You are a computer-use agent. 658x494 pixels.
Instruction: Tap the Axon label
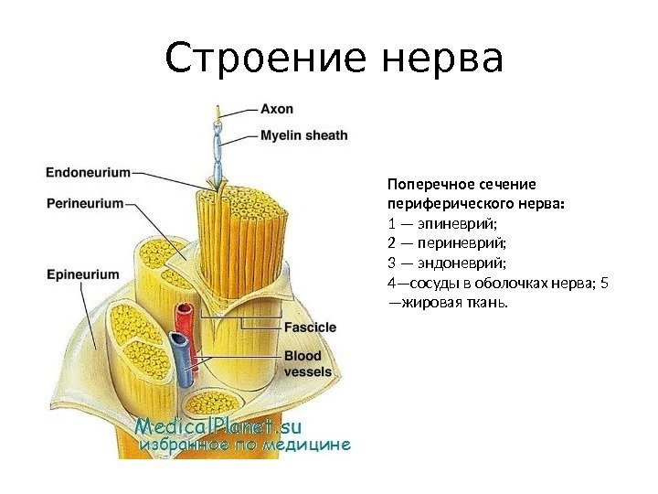point(277,109)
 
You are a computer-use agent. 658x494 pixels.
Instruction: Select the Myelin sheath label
point(303,135)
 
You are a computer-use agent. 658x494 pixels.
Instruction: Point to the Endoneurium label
point(88,170)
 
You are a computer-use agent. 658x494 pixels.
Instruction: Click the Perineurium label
point(84,204)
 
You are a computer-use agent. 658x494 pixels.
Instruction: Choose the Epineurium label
point(82,274)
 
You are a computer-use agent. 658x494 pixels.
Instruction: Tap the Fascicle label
point(310,327)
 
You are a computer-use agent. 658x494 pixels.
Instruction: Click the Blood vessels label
point(308,363)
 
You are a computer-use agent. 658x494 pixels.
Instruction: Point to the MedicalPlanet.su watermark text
point(219,426)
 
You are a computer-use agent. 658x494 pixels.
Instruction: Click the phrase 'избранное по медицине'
point(244,446)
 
